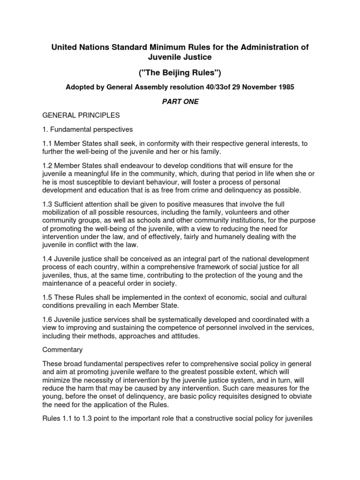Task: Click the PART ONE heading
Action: coord(180,102)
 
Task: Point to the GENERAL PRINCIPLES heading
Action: coord(81,115)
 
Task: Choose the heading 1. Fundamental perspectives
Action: coord(88,128)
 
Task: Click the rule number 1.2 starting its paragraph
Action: coord(48,165)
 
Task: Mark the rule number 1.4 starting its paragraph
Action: coord(48,259)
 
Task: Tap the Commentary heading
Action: coord(63,350)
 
